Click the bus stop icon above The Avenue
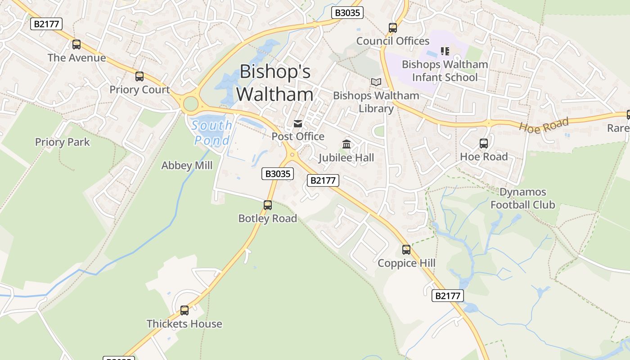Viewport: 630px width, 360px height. (76, 45)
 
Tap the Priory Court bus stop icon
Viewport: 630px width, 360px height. (139, 76)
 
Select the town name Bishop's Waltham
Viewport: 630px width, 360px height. (275, 83)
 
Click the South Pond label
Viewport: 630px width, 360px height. (211, 133)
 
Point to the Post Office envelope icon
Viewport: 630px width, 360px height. (298, 124)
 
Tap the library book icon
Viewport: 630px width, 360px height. (376, 82)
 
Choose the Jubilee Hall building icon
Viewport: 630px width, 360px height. (346, 144)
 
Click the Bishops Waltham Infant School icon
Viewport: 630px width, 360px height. (445, 51)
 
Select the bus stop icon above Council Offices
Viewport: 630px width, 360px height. (393, 28)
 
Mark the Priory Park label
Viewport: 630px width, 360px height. (63, 142)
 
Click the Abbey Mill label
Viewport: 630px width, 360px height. (187, 166)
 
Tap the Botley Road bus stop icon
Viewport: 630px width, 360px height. (268, 205)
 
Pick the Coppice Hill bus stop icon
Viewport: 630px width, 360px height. (406, 250)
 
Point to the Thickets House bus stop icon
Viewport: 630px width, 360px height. (184, 310)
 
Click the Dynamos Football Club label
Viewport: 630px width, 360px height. (523, 198)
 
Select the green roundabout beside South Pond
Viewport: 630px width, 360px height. (191, 104)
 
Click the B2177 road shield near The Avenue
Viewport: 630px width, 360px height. (46, 24)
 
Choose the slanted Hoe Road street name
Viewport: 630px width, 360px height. (544, 124)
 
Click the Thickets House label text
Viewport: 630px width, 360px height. (184, 324)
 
